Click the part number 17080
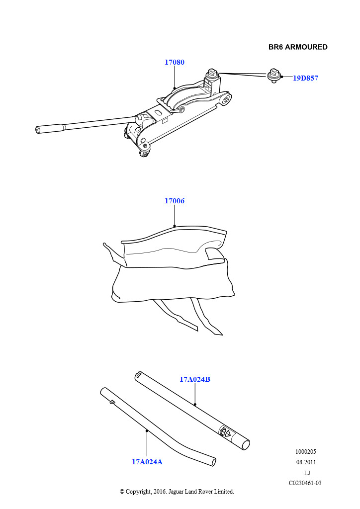[x=175, y=62]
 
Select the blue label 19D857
[x=305, y=78]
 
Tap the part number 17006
[x=175, y=201]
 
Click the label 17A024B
[x=195, y=379]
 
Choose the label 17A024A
[x=147, y=462]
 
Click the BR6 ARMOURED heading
[x=298, y=47]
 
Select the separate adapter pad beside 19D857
[x=274, y=76]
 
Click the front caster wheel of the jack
[x=145, y=151]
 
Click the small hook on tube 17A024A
[x=112, y=402]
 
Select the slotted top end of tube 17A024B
[x=139, y=375]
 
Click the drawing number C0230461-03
[x=305, y=483]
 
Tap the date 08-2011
[x=306, y=462]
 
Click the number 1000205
[x=306, y=451]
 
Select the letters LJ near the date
[x=307, y=473]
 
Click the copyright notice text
[x=177, y=492]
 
